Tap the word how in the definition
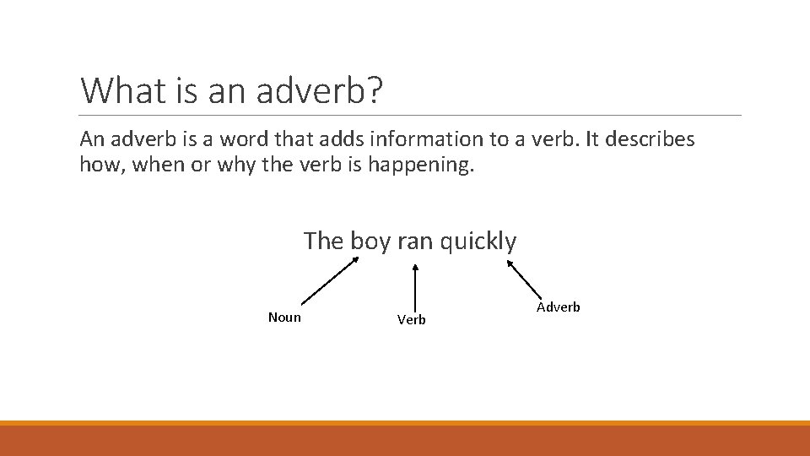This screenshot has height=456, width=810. [x=99, y=164]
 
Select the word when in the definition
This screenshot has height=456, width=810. [x=154, y=164]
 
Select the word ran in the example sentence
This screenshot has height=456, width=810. [x=414, y=242]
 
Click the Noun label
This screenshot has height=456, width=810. [x=284, y=318]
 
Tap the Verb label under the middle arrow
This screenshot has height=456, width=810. [x=412, y=320]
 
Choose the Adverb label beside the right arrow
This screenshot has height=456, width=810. [x=559, y=307]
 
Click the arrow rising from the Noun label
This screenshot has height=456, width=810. [x=330, y=280]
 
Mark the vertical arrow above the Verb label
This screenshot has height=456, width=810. [x=414, y=287]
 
